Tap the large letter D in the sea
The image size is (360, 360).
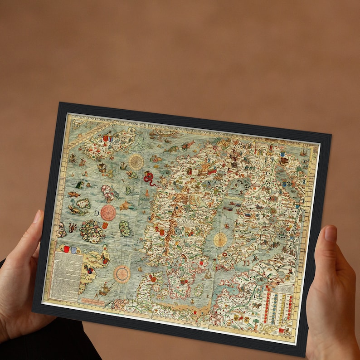pyautogui.click(x=97, y=213)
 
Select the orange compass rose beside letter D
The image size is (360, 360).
pyautogui.click(x=108, y=212)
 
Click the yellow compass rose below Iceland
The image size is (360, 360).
pyautogui.click(x=136, y=161)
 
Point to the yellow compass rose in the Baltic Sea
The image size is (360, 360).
pyautogui.click(x=220, y=239)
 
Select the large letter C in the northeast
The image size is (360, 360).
pyautogui.click(x=268, y=173)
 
